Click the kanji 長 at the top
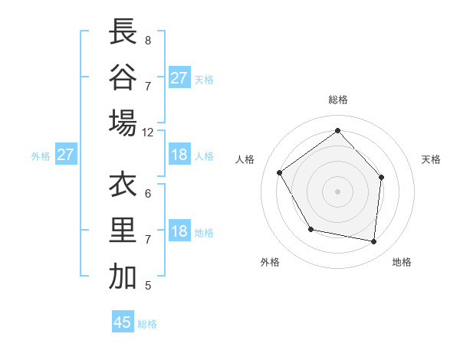pyautogui.click(x=123, y=33)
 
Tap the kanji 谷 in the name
pyautogui.click(x=123, y=77)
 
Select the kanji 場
pyautogui.click(x=123, y=123)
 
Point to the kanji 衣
pyautogui.click(x=123, y=185)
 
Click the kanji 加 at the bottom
pyautogui.click(x=123, y=277)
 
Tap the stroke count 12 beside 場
pyautogui.click(x=148, y=133)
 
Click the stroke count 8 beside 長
pyautogui.click(x=147, y=40)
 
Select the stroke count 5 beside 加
pyautogui.click(x=147, y=286)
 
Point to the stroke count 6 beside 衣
pyautogui.click(x=147, y=193)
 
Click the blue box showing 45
pyautogui.click(x=123, y=322)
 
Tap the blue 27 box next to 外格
pyautogui.click(x=65, y=155)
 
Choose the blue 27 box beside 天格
pyautogui.click(x=179, y=78)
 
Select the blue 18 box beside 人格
pyautogui.click(x=179, y=155)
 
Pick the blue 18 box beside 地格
pyautogui.click(x=179, y=231)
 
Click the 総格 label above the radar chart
pyautogui.click(x=337, y=100)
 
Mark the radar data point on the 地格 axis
pyautogui.click(x=374, y=241)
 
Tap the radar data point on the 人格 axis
pyautogui.click(x=280, y=172)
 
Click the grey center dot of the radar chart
pyautogui.click(x=337, y=191)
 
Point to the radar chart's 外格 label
pyautogui.click(x=269, y=263)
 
